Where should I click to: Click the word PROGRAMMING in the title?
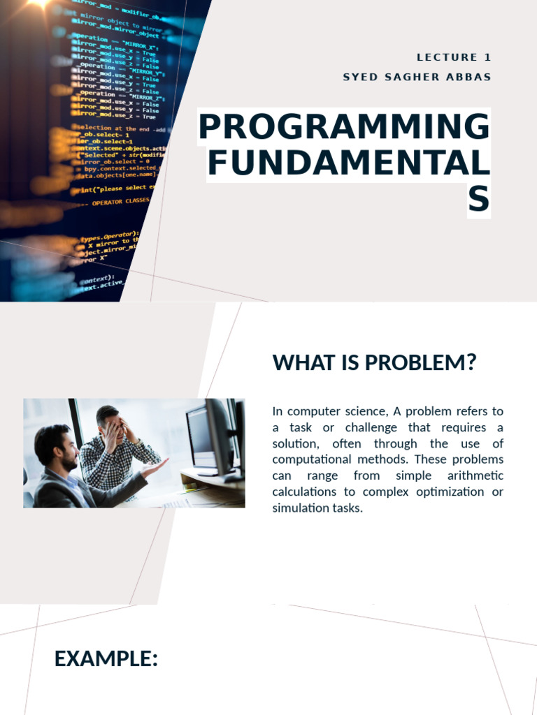(x=344, y=127)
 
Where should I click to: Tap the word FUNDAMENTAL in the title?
(x=349, y=163)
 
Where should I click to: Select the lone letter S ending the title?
(x=479, y=200)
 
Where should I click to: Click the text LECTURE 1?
(x=454, y=58)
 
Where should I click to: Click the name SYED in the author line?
(x=358, y=77)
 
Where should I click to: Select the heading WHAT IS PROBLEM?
(x=374, y=363)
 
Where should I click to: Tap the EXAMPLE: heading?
(x=106, y=658)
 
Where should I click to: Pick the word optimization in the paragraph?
(x=444, y=492)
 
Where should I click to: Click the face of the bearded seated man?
(x=66, y=450)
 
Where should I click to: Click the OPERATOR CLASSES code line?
(x=120, y=202)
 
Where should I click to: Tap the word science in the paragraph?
(x=356, y=411)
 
